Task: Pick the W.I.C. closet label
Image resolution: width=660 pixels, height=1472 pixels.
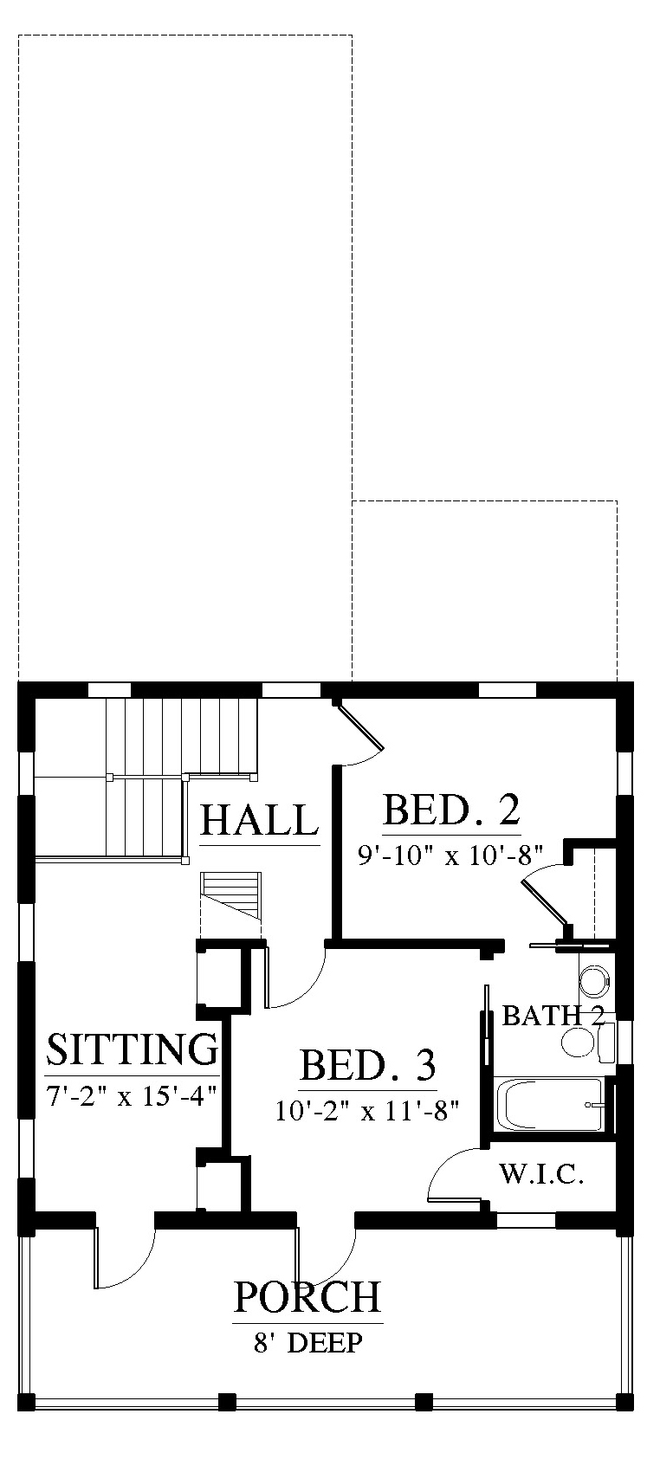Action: point(541,1173)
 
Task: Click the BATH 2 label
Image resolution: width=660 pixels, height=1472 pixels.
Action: point(553,1016)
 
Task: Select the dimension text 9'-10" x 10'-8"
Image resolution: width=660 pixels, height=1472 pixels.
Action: point(450,855)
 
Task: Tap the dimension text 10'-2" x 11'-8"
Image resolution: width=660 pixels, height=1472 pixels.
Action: point(367,1111)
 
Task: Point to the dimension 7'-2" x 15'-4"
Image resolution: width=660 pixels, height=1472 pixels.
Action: point(132,1095)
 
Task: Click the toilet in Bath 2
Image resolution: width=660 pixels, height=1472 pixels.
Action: point(588,1042)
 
